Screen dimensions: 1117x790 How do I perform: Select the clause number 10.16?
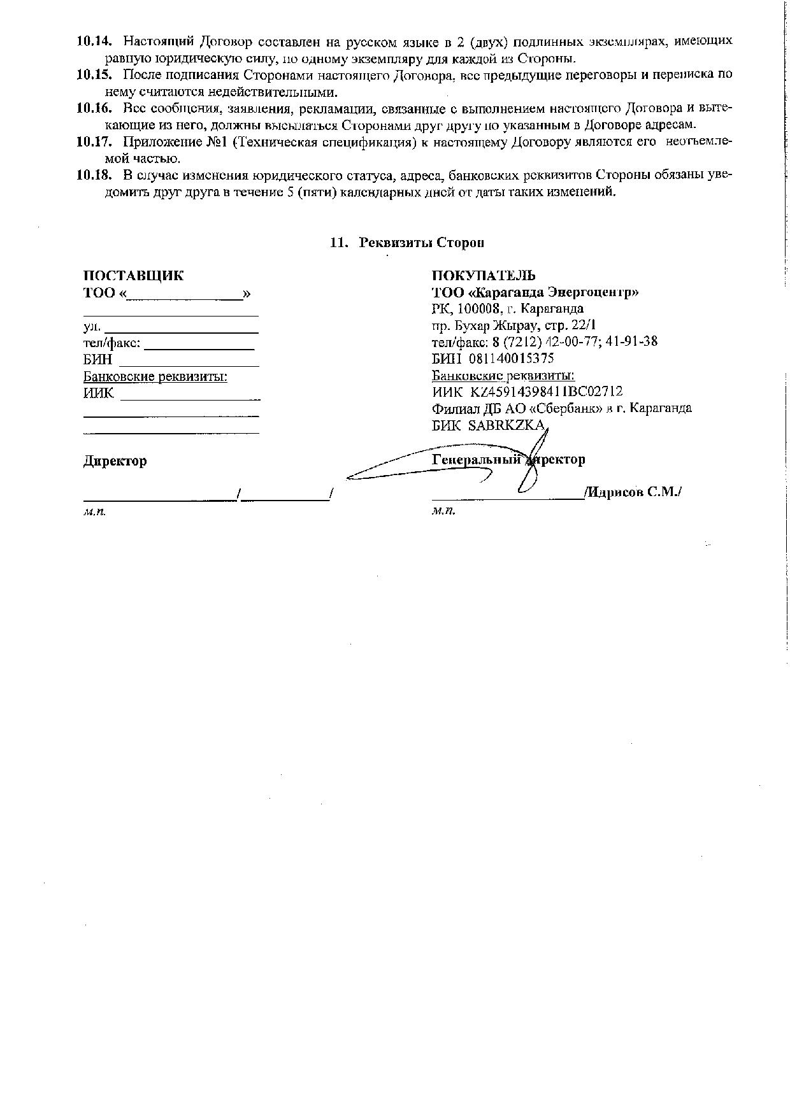[94, 108]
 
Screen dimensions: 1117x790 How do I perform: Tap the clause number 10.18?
[94, 175]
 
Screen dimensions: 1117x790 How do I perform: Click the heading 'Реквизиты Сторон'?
[421, 243]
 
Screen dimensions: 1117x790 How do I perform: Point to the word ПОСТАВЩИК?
[133, 276]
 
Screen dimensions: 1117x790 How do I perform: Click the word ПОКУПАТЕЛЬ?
[484, 276]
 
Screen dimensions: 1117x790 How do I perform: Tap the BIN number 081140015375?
[511, 359]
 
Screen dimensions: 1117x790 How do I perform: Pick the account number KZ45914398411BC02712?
[546, 392]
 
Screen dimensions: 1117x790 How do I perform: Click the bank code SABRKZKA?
[506, 425]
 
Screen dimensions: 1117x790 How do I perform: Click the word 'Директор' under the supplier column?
[115, 461]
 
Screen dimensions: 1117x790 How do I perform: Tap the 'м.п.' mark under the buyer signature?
[443, 511]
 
